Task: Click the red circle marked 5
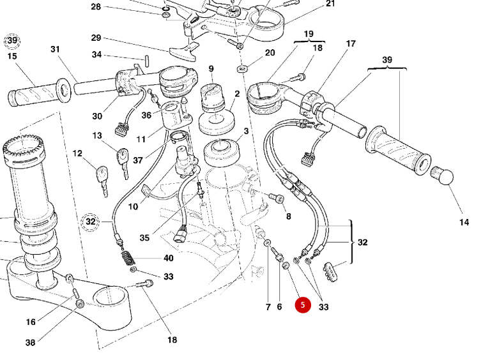pos(303,305)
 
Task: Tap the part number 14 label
pos(464,222)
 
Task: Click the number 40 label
pos(168,259)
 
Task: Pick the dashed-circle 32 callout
pos(91,221)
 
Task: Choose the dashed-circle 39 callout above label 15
pos(12,41)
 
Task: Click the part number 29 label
pos(96,38)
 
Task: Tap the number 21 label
pos(330,4)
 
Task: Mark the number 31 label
pos(55,49)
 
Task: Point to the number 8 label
pos(288,216)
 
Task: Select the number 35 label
pos(144,237)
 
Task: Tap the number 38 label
pos(30,342)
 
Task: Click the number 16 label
pos(31,322)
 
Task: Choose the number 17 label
pos(351,44)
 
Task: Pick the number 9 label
pos(210,68)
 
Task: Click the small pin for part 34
pos(145,62)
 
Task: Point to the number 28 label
pos(96,7)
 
